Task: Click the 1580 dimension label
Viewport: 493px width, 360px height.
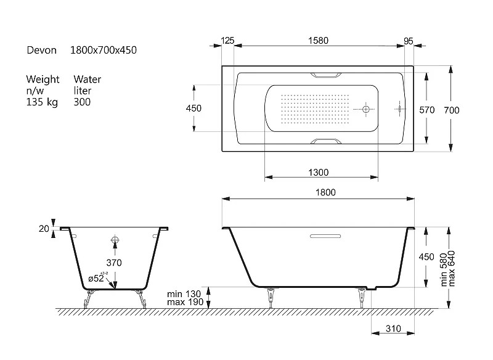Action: tap(318, 41)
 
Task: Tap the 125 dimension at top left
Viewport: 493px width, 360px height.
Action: tap(227, 41)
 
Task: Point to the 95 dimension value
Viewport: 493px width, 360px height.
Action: tap(409, 41)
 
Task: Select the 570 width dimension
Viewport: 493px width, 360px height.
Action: tap(427, 110)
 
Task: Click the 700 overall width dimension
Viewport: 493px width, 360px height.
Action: tap(452, 110)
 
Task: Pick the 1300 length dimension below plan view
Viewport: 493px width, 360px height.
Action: tap(319, 173)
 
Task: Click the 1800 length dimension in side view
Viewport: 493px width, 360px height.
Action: tap(326, 192)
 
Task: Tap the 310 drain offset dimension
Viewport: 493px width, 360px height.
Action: tap(393, 329)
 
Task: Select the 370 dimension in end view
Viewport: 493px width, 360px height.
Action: tap(114, 263)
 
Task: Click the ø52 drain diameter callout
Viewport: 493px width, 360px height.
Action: tap(96, 278)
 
